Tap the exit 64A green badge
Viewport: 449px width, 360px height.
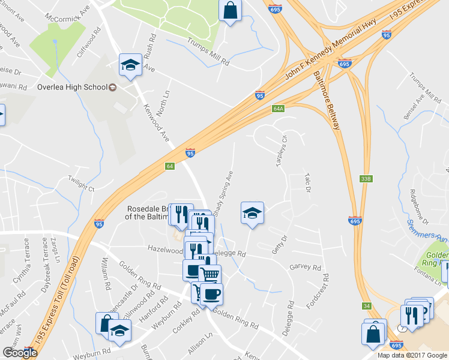277,109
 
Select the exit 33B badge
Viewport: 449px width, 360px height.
367,178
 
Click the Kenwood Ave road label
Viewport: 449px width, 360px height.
156,123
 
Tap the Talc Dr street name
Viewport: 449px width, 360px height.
307,182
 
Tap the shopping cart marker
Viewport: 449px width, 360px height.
209,275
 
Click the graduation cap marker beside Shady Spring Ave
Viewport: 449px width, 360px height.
253,212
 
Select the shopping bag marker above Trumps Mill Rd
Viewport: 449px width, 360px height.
230,10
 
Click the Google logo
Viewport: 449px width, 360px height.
20,352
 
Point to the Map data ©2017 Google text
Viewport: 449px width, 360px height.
412,355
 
